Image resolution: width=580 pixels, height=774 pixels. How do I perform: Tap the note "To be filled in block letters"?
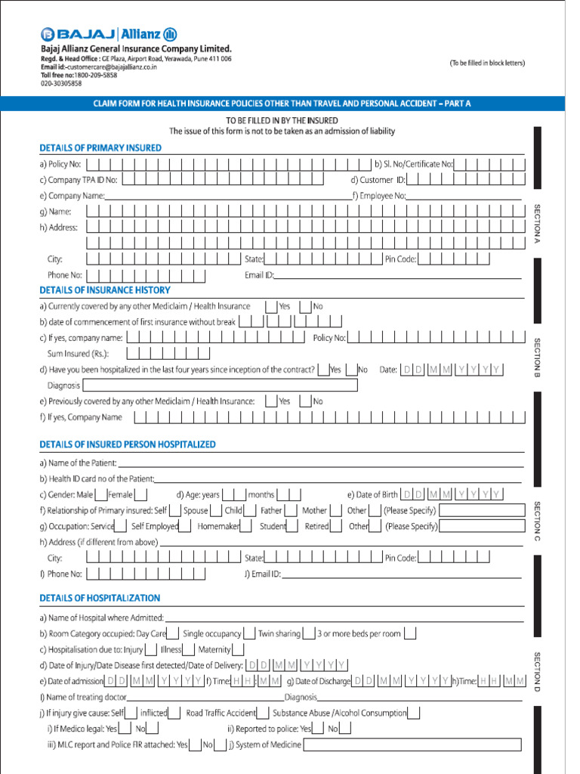[486, 63]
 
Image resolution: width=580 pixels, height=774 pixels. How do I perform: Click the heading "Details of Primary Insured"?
[100, 148]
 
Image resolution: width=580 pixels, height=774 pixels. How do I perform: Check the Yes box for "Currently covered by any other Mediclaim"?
[270, 306]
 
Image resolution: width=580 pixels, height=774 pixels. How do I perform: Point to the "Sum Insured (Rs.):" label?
[78, 354]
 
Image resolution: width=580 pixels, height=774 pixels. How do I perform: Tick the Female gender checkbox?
[139, 494]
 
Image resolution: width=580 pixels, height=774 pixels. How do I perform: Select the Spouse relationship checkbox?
[216, 510]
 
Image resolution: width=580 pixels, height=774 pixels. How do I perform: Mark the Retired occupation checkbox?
[337, 526]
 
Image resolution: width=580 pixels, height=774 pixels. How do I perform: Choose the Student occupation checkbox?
[294, 526]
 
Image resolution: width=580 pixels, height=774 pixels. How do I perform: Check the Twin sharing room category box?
[307, 633]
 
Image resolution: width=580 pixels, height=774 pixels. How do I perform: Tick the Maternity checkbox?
[238, 649]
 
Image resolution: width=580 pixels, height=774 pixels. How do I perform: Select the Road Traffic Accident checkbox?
[263, 712]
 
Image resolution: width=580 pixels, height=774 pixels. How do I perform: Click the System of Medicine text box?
[412, 745]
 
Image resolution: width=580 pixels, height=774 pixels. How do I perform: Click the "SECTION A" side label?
[538, 223]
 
